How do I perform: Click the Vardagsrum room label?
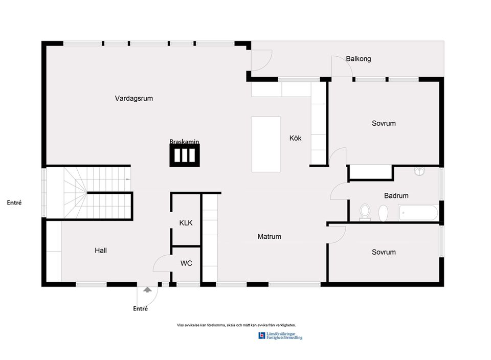pos(134,99)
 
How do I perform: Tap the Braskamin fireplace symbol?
pos(185,155)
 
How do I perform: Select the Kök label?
pos(296,138)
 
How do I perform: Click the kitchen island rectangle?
pos(266,144)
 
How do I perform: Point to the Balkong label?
pos(359,59)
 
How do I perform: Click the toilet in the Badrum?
pos(365,212)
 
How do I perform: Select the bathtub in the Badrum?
pos(418,212)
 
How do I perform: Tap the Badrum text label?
pos(396,195)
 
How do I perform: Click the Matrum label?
pos(269,237)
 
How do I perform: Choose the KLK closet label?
pos(186,223)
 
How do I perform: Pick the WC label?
pos(186,263)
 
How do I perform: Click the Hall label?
pos(101,251)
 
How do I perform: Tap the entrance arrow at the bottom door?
pos(148,290)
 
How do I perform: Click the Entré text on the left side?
pos(14,202)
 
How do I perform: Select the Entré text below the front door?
pos(141,308)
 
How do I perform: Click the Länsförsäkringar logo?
pos(280,336)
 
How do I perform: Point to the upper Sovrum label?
pos(384,123)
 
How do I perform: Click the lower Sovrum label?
pos(384,252)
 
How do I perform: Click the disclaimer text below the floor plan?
pos(236,325)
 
